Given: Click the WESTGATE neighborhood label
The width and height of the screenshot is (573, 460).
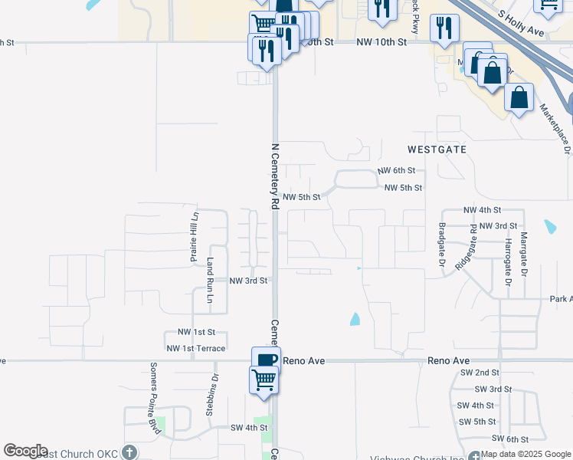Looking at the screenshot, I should tap(437, 149).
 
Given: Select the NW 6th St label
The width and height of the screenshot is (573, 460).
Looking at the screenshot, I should tap(396, 170).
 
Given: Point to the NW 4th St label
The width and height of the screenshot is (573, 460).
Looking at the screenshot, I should tap(482, 209).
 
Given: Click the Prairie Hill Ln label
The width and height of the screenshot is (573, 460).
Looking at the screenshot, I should tap(195, 236).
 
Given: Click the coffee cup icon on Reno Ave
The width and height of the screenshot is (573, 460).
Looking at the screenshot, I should tap(266, 360).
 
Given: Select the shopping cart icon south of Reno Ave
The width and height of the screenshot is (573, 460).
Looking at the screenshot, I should tap(264, 379).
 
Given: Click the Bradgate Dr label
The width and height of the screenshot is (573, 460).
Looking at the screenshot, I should tap(443, 245).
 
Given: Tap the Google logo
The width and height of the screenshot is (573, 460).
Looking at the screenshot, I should tap(25, 451).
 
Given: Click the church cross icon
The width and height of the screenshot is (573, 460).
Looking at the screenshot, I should tap(129, 453).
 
